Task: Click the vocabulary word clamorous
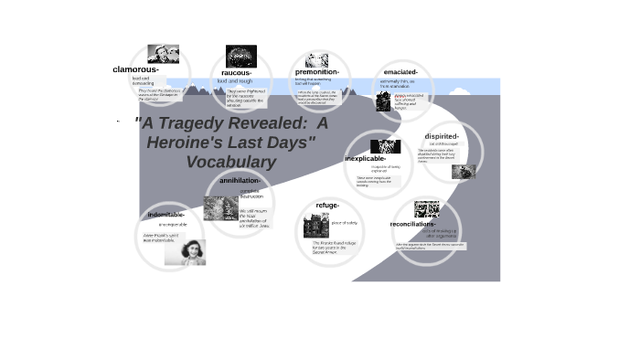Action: pos(135,69)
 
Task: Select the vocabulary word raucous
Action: pos(237,73)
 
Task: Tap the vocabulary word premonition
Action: pos(317,72)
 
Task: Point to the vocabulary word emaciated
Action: pos(400,72)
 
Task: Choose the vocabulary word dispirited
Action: pos(442,136)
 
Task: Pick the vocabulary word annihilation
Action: pos(240,180)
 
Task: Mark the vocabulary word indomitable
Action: pos(166,215)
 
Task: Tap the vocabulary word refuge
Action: pos(327,206)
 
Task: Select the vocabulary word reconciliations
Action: pos(412,224)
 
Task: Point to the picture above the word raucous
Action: pos(241,56)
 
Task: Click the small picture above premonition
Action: pos(317,60)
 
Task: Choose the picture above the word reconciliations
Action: pos(427,208)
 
